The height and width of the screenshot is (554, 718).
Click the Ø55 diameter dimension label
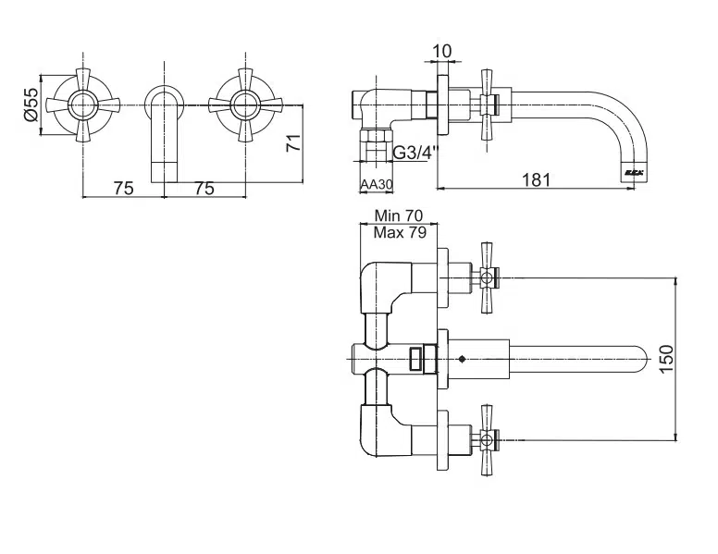[30, 105]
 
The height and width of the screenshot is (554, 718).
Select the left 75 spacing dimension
[123, 188]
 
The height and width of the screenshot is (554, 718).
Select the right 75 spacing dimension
[204, 188]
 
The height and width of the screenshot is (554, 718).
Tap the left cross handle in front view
[83, 105]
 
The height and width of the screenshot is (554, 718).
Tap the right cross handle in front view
[244, 105]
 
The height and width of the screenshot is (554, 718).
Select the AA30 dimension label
[377, 185]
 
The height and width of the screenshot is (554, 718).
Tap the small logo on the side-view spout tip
[633, 172]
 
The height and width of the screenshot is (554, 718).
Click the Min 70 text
[400, 215]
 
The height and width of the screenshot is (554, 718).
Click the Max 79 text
[400, 232]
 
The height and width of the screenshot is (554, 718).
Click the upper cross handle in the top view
[487, 276]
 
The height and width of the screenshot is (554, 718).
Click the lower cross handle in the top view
[487, 438]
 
